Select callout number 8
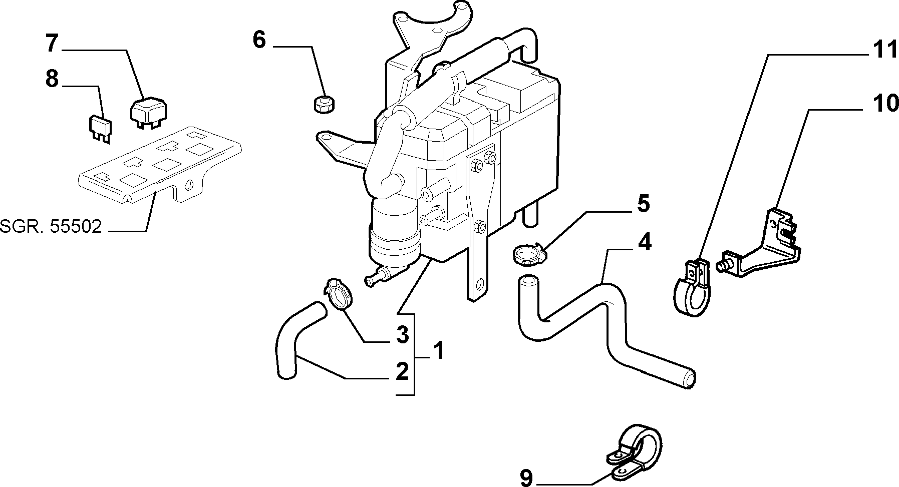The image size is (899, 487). click(52, 79)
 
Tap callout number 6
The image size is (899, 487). click(259, 40)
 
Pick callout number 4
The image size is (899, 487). click(645, 242)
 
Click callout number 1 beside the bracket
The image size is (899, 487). click(438, 351)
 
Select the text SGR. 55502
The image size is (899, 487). click(51, 227)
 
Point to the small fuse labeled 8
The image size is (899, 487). click(100, 129)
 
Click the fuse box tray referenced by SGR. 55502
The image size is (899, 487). click(160, 165)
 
